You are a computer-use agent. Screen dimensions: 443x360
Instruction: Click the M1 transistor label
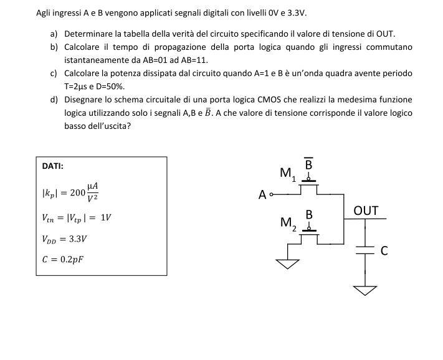[288, 174]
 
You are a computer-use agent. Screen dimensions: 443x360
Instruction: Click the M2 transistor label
[288, 224]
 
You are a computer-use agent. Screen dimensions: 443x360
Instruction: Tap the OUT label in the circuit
[366, 211]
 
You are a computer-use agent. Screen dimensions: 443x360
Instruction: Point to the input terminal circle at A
[271, 194]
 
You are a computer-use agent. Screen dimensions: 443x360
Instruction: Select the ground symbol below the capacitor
[365, 290]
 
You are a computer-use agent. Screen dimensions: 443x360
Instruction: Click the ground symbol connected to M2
[287, 264]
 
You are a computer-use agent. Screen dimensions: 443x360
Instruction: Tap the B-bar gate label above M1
[308, 163]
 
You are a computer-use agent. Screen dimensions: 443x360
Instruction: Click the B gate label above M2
[309, 215]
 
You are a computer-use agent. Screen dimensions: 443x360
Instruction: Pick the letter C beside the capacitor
[384, 251]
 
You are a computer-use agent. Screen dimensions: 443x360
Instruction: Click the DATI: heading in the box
[52, 166]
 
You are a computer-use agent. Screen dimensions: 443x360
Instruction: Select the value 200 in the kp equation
[77, 192]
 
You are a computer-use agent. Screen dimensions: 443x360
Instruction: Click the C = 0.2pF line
[63, 259]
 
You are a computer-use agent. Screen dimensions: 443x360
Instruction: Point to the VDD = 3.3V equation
[64, 239]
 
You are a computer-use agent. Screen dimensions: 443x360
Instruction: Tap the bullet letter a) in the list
[54, 34]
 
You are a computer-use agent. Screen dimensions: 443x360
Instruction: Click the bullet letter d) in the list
[54, 100]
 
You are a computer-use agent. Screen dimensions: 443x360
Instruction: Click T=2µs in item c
[76, 87]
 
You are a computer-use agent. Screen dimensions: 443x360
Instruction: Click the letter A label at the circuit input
[262, 195]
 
